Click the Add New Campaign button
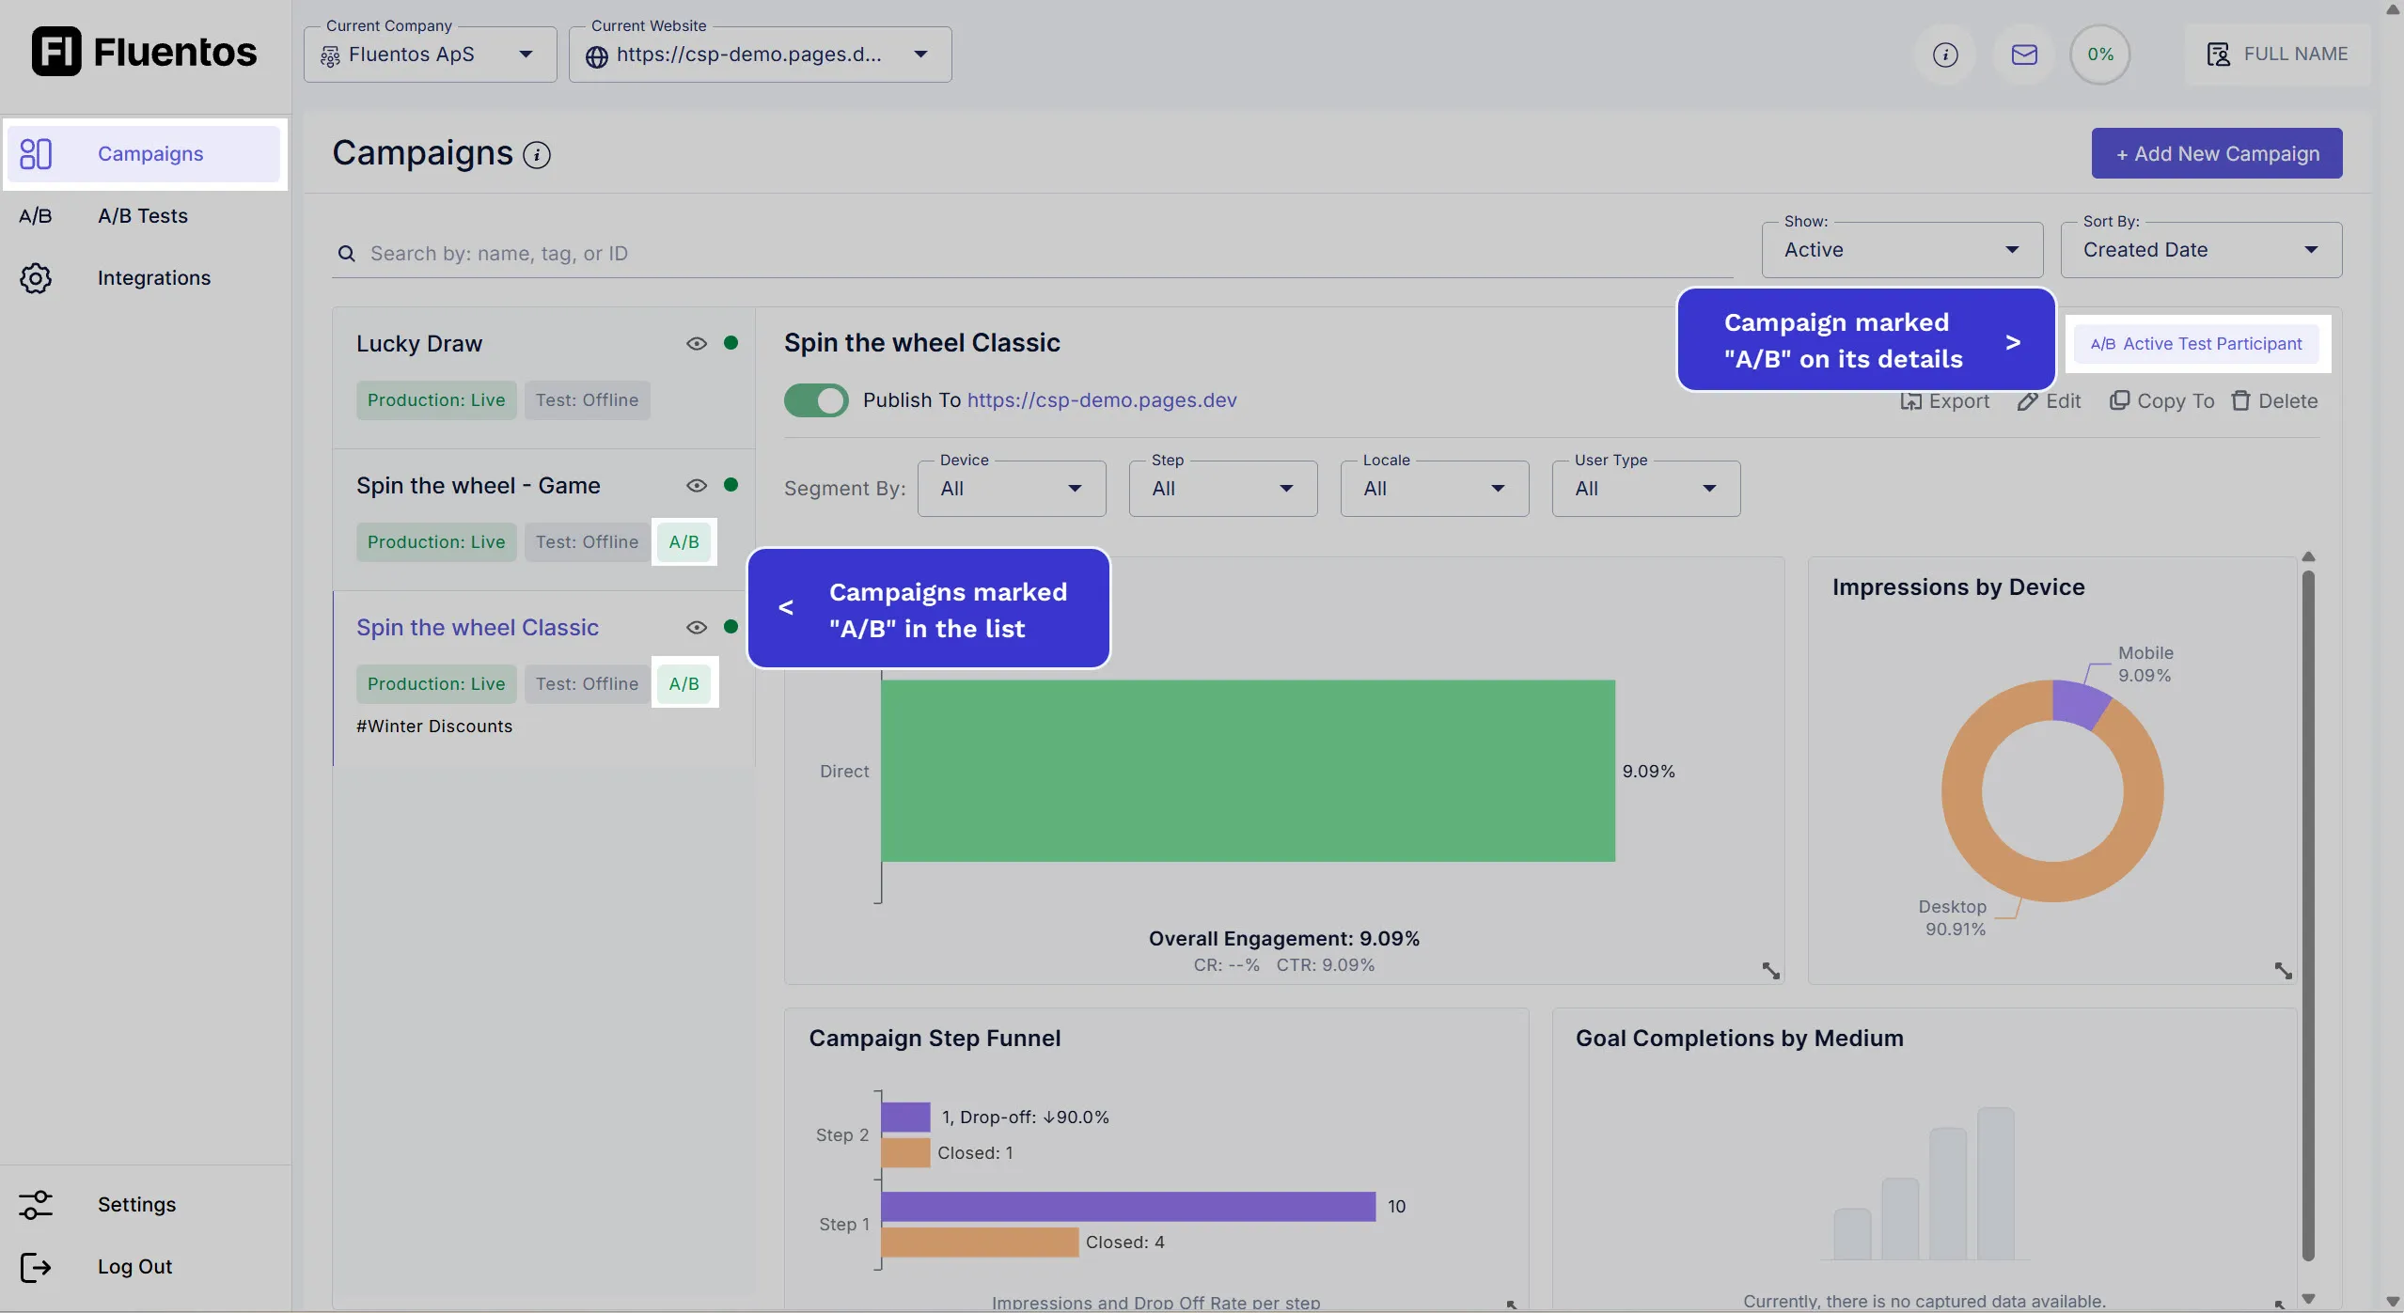(x=2216, y=153)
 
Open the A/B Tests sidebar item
(x=143, y=216)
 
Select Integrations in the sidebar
(x=153, y=278)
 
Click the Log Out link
(x=134, y=1266)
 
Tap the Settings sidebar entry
(x=136, y=1204)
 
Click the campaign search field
(x=1034, y=254)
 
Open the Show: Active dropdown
(x=1901, y=250)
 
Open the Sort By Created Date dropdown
(x=2200, y=250)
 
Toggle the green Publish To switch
(x=816, y=400)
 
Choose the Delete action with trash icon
(x=2274, y=401)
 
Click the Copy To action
(x=2161, y=401)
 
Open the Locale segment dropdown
(x=1434, y=489)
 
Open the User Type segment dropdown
(x=1645, y=489)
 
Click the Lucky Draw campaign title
(x=419, y=344)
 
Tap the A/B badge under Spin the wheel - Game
(x=683, y=542)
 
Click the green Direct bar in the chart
(x=1248, y=771)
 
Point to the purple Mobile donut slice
(x=2079, y=703)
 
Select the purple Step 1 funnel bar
(x=1128, y=1206)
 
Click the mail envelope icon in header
(x=2024, y=55)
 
